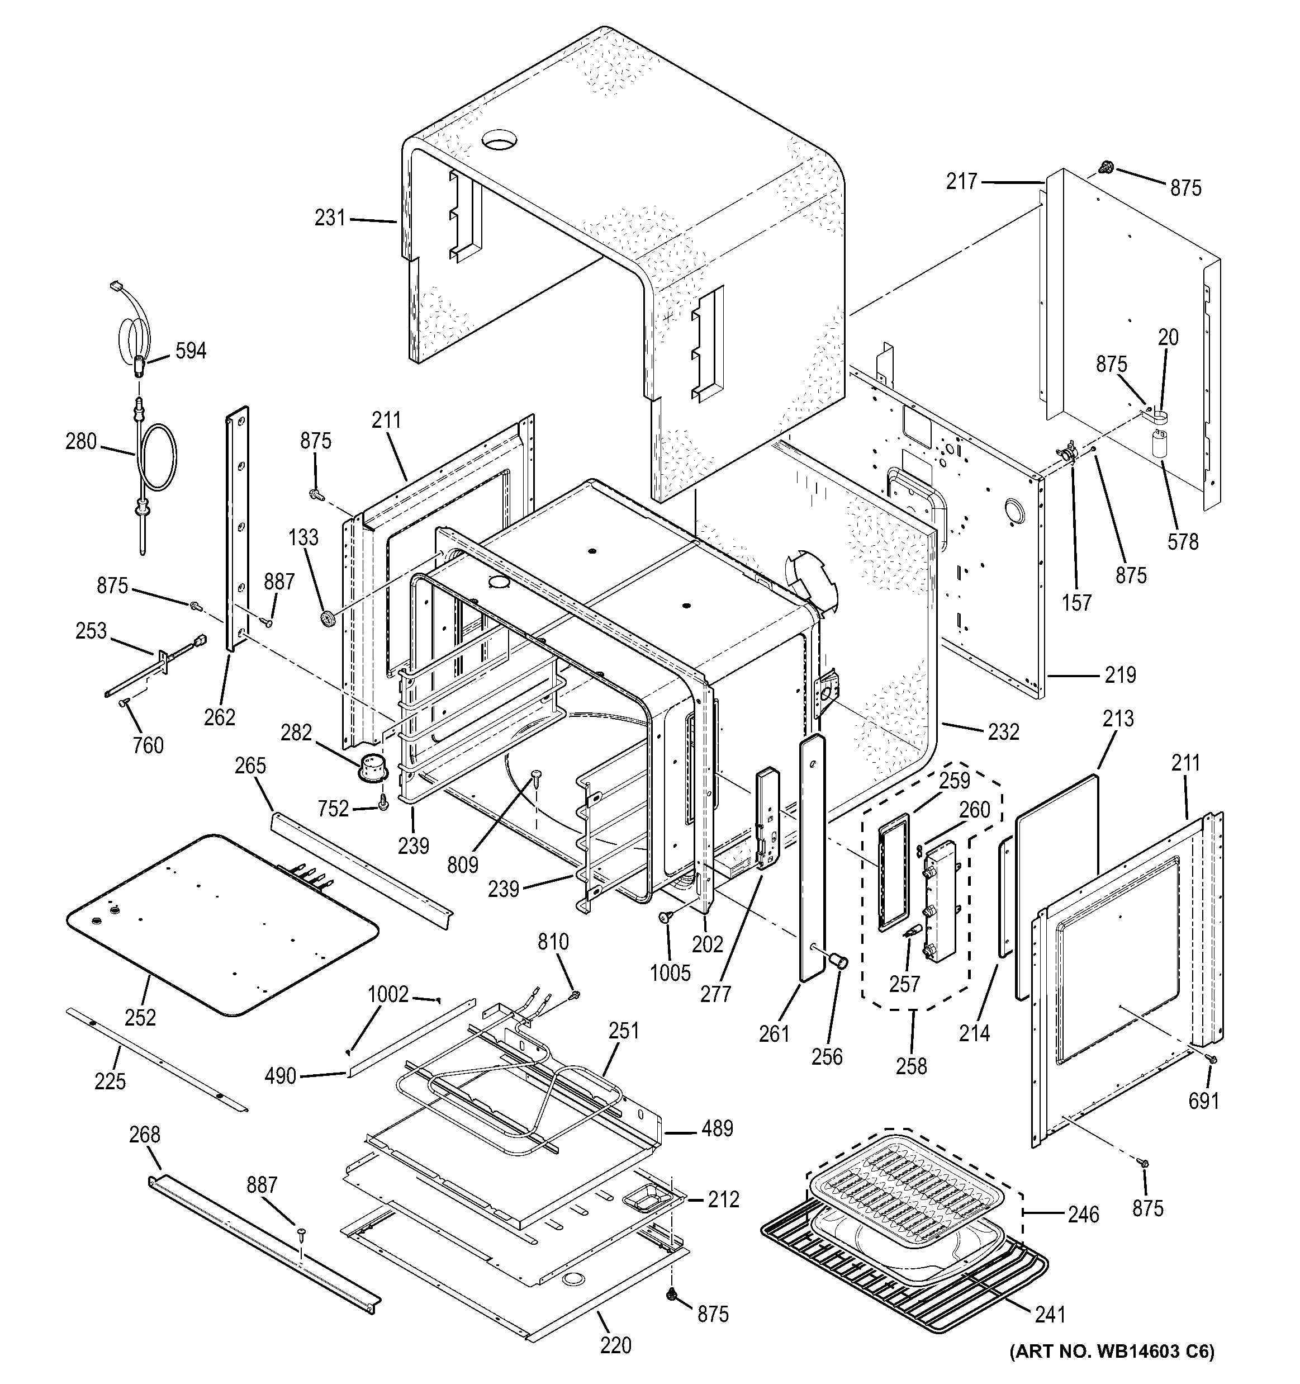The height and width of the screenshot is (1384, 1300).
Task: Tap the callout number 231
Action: (x=330, y=218)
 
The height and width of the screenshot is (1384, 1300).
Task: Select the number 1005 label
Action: (x=670, y=972)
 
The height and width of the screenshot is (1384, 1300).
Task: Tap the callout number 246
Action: (x=1084, y=1215)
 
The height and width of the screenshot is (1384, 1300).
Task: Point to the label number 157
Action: (x=1076, y=602)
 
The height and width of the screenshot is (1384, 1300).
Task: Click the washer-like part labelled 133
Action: (x=327, y=617)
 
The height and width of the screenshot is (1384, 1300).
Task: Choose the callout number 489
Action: (x=718, y=1128)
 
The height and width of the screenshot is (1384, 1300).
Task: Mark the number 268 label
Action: (x=145, y=1136)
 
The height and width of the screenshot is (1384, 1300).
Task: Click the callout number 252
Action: (x=141, y=1017)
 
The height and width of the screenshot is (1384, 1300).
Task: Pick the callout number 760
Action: (x=148, y=745)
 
